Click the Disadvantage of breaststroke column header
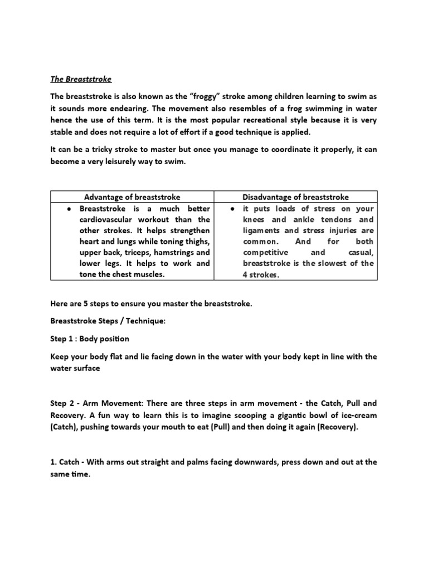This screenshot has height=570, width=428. pyautogui.click(x=296, y=197)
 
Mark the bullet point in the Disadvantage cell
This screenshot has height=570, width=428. pyautogui.click(x=231, y=209)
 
